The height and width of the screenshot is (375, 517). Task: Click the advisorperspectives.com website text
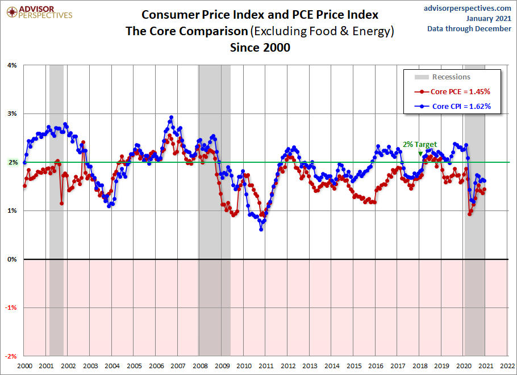(468, 8)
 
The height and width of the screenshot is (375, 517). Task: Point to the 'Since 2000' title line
(260, 48)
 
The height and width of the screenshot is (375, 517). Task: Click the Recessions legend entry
(451, 77)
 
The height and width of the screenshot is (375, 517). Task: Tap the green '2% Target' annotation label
(420, 145)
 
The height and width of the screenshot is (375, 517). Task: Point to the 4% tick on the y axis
(12, 65)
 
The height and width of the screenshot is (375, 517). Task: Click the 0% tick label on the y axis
(12, 259)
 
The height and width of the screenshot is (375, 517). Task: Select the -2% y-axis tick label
(11, 356)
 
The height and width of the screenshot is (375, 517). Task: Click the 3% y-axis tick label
(12, 113)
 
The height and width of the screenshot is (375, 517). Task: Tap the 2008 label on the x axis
(199, 366)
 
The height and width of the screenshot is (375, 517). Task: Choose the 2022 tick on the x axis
(507, 366)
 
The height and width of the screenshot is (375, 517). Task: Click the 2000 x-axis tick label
(24, 366)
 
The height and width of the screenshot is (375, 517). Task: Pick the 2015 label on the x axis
(353, 366)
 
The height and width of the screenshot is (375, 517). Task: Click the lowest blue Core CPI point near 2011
(261, 229)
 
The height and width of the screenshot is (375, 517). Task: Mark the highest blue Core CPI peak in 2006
(171, 117)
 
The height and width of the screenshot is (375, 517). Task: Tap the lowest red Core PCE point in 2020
(469, 214)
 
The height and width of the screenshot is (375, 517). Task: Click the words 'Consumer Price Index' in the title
(197, 15)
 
